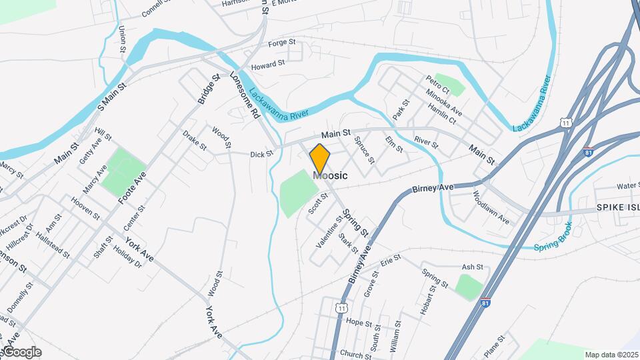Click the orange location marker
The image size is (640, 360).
(x=320, y=159)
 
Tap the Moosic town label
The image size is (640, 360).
(x=330, y=175)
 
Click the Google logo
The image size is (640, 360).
(x=21, y=352)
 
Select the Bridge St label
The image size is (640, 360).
(x=209, y=89)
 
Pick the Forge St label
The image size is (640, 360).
(x=281, y=43)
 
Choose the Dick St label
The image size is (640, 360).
(x=261, y=154)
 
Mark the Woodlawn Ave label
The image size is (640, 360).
(x=491, y=209)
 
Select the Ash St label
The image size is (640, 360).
(x=472, y=267)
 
